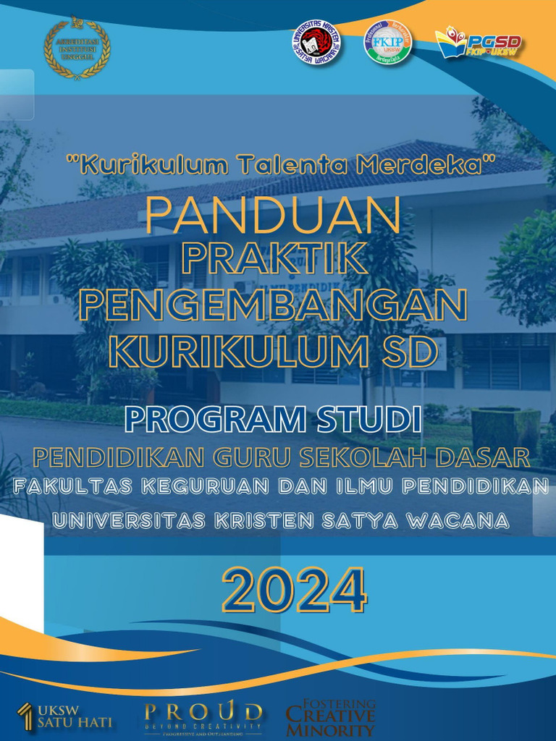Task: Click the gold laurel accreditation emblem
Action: click(77, 48)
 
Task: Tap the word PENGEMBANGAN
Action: click(273, 306)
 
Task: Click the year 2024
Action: click(294, 590)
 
